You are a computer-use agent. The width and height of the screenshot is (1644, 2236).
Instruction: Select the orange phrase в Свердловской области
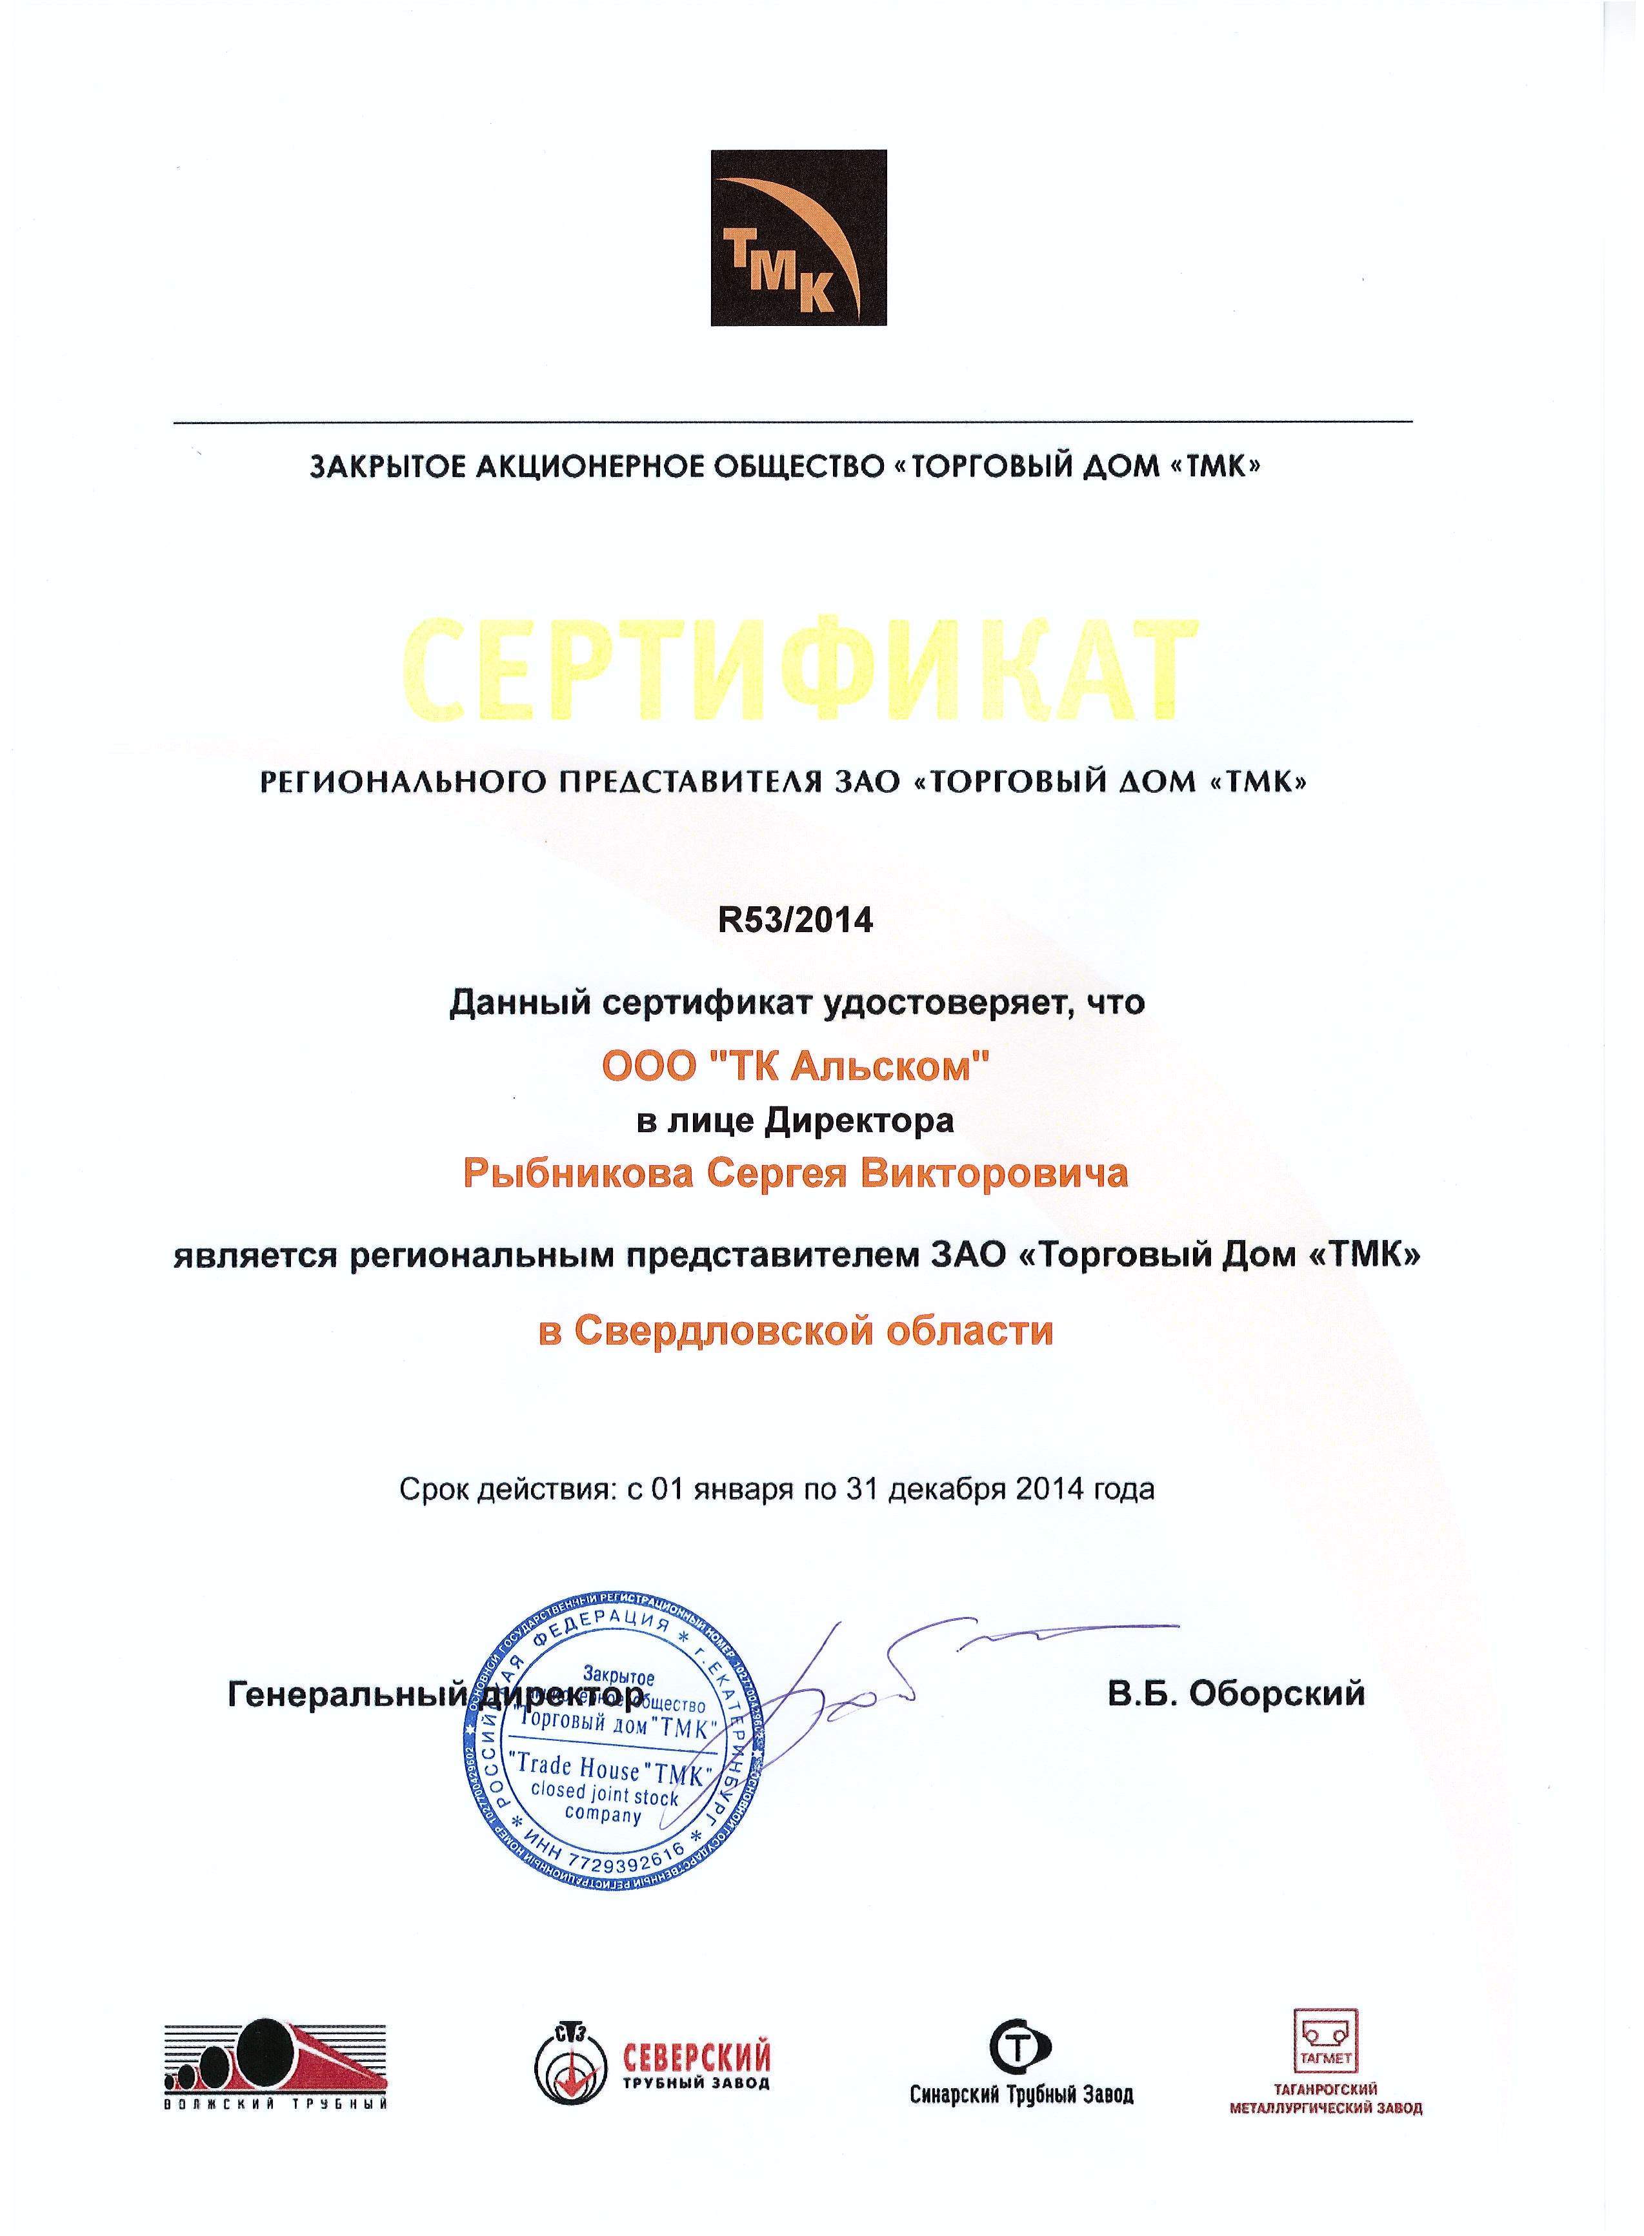[x=795, y=1330]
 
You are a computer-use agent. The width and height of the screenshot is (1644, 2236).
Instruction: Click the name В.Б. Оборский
[x=1236, y=1693]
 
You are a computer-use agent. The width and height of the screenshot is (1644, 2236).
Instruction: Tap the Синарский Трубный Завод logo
[x=1021, y=2066]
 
